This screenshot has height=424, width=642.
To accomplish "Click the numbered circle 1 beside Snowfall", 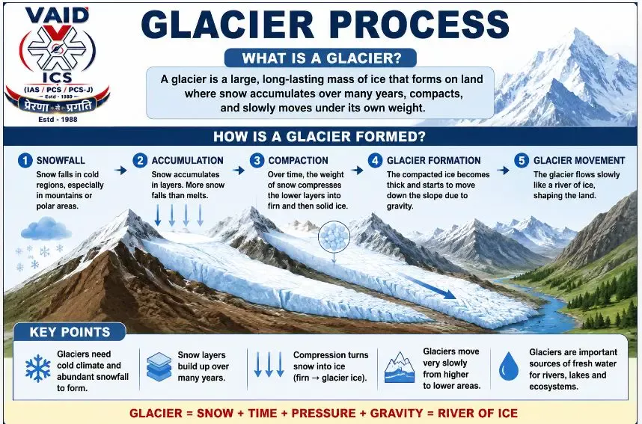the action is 25,161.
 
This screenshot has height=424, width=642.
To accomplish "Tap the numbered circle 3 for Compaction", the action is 257,161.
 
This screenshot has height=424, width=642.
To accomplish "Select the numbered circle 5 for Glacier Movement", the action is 522,161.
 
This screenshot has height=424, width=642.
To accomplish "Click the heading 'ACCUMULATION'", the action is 188,161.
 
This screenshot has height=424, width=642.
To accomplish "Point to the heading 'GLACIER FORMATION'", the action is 433,161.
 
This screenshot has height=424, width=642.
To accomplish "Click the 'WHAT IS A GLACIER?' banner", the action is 320,58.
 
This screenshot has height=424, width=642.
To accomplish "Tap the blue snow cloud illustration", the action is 46,228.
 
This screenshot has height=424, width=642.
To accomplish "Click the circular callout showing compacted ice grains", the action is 334,236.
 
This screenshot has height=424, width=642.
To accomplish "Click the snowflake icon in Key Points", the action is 38,369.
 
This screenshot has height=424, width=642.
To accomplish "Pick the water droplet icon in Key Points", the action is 509,366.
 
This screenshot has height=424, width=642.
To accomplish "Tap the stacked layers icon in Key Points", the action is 159,367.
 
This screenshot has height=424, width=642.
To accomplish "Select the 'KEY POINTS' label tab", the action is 70,332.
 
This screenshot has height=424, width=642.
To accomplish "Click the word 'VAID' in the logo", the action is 57,16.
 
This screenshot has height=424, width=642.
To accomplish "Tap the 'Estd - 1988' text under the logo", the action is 58,120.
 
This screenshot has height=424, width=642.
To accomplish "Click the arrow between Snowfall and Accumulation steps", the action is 120,170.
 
